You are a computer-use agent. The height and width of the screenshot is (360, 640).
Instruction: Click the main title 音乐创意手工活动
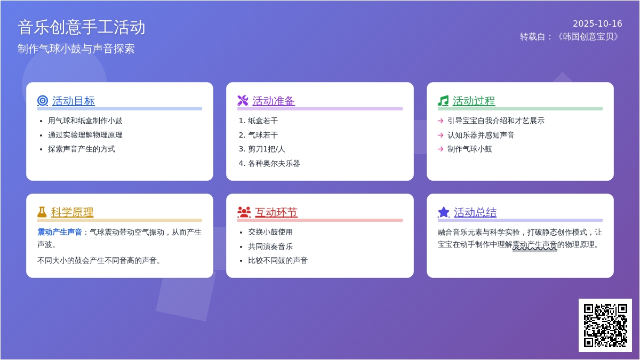(82, 27)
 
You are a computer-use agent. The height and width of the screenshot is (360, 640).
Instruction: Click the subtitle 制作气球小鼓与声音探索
(76, 49)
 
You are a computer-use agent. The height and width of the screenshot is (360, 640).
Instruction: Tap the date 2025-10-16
(597, 23)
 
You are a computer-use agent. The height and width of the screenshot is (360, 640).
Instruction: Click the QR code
(605, 325)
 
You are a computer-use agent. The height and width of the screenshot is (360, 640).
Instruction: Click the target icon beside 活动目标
(43, 101)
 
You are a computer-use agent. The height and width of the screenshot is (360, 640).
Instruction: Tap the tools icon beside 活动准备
(243, 101)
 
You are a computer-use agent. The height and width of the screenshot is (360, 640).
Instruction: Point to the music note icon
(443, 101)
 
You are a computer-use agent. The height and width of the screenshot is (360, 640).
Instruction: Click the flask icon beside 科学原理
(42, 212)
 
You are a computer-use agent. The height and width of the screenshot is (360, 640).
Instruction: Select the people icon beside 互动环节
(244, 212)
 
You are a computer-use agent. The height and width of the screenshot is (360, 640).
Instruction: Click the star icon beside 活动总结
(444, 212)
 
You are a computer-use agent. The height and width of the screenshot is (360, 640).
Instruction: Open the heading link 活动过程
(474, 101)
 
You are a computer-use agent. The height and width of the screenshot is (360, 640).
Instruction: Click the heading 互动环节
(276, 212)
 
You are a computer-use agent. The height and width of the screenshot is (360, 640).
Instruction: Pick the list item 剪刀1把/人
(266, 149)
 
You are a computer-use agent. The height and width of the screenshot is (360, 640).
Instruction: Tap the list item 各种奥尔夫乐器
(274, 163)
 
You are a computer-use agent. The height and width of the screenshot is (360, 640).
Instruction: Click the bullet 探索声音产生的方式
(82, 149)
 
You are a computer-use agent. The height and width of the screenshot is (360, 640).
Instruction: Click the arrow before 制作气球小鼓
(441, 149)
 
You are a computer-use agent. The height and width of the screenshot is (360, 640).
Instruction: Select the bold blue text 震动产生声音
(60, 232)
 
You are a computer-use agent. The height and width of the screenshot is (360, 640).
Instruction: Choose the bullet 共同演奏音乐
(270, 246)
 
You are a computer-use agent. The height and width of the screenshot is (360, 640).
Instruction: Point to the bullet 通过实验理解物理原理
(85, 135)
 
